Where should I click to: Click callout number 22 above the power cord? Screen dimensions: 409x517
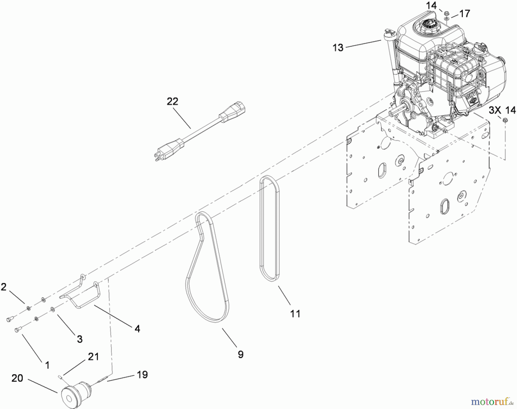[x=172, y=101]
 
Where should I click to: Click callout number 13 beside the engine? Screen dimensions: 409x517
[x=338, y=48]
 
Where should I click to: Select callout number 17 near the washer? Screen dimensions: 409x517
[x=464, y=13]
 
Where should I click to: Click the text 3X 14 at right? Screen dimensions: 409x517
[x=502, y=110]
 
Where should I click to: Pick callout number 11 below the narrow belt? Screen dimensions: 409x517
[x=295, y=314]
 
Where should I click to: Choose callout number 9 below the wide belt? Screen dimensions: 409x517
[x=240, y=354]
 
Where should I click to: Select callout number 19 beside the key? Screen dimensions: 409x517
[x=142, y=375]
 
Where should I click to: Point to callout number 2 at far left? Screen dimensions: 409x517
[x=3, y=287]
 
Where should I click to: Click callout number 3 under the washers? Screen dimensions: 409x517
[x=80, y=339]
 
